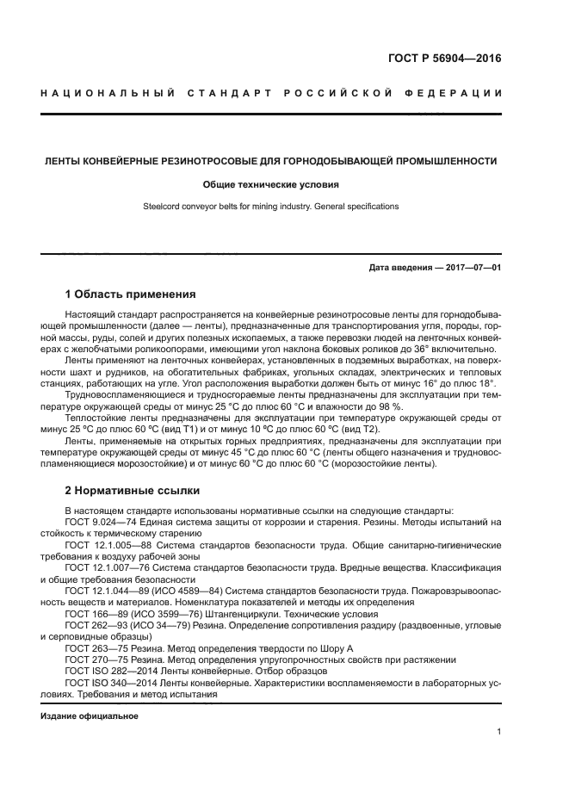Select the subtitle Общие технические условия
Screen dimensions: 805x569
(271, 184)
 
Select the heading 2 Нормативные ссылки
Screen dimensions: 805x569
(133, 491)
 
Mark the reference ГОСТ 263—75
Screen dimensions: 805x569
(95, 647)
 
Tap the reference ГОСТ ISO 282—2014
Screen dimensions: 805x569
(110, 671)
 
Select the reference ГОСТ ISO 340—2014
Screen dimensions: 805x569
(110, 682)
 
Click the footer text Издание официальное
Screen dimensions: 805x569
(90, 716)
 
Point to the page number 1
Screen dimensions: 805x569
(498, 732)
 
